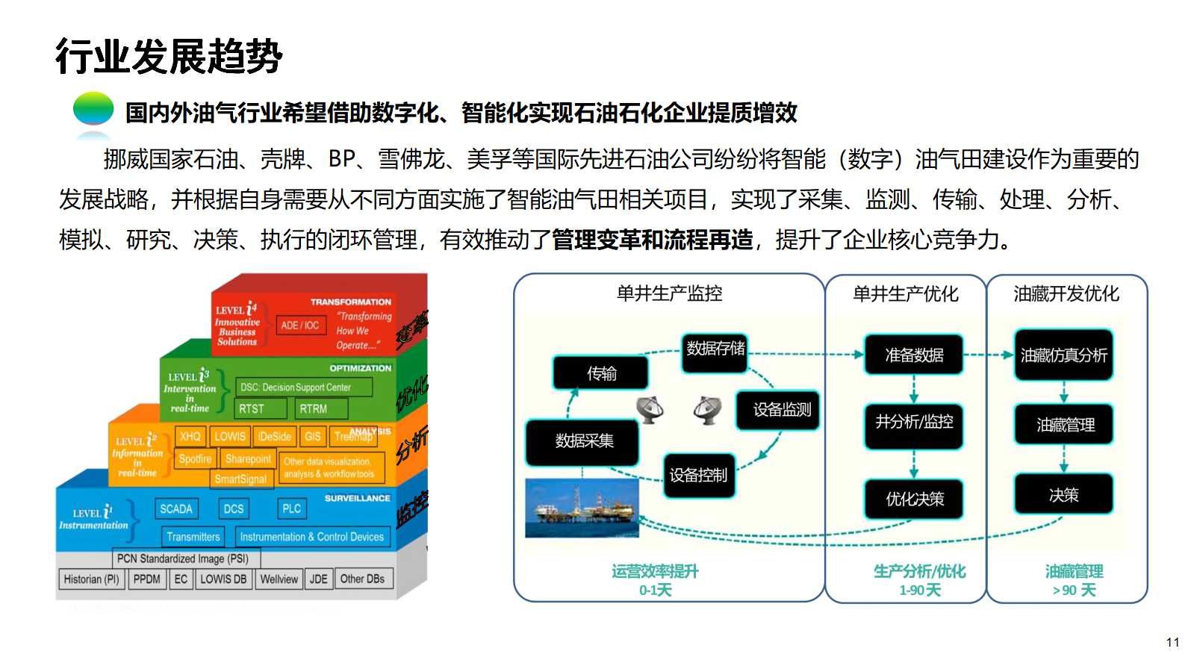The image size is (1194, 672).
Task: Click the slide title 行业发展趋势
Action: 169,56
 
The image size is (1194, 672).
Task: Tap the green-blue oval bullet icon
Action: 93,109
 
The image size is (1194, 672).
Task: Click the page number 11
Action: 1172,642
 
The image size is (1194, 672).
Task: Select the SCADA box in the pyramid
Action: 176,508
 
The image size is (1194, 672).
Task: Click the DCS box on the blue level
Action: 234,508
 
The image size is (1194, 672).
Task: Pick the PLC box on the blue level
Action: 291,508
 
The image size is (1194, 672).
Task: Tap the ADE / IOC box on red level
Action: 299,325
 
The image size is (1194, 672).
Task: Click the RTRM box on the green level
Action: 314,408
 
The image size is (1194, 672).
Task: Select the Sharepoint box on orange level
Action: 248,458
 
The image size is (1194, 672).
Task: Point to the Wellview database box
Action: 279,579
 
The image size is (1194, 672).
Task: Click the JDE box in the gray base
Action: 319,579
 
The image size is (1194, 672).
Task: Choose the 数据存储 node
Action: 715,349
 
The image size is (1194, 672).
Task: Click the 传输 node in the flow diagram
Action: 601,373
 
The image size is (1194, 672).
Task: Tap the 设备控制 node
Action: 698,475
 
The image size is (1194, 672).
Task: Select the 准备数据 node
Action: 914,355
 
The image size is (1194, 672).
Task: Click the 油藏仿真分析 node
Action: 1063,355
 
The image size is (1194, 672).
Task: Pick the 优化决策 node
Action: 914,499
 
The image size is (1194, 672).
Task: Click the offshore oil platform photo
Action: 582,508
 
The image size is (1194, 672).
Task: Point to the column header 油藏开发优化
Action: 1066,293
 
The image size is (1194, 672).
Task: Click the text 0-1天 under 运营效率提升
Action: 655,591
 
